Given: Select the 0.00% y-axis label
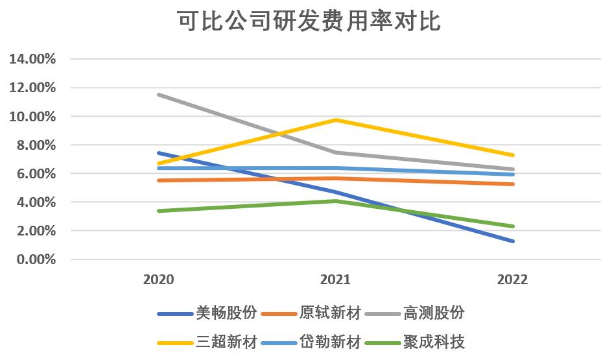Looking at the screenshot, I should point(35,259).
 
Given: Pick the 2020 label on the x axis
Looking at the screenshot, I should point(159,280).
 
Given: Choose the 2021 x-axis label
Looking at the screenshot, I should point(336,280).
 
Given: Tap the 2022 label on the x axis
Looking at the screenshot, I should point(513,280).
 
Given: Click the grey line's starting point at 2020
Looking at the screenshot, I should point(159,95).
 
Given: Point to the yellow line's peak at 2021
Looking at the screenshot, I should point(336,120).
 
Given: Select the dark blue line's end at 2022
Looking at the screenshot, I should point(513,241).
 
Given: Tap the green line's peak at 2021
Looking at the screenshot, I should point(336,201).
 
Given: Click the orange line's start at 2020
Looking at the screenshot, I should point(159,180).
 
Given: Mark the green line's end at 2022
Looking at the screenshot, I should point(513,226).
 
